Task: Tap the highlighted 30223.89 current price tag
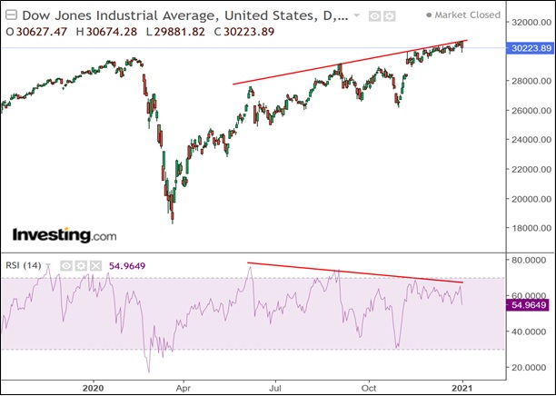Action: pos(527,47)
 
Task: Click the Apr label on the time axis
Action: pos(182,385)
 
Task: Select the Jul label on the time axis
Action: pos(275,385)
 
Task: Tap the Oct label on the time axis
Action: pos(369,385)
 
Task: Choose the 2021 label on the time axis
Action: pos(462,385)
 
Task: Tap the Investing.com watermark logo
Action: pos(65,234)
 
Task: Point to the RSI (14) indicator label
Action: pos(26,266)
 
